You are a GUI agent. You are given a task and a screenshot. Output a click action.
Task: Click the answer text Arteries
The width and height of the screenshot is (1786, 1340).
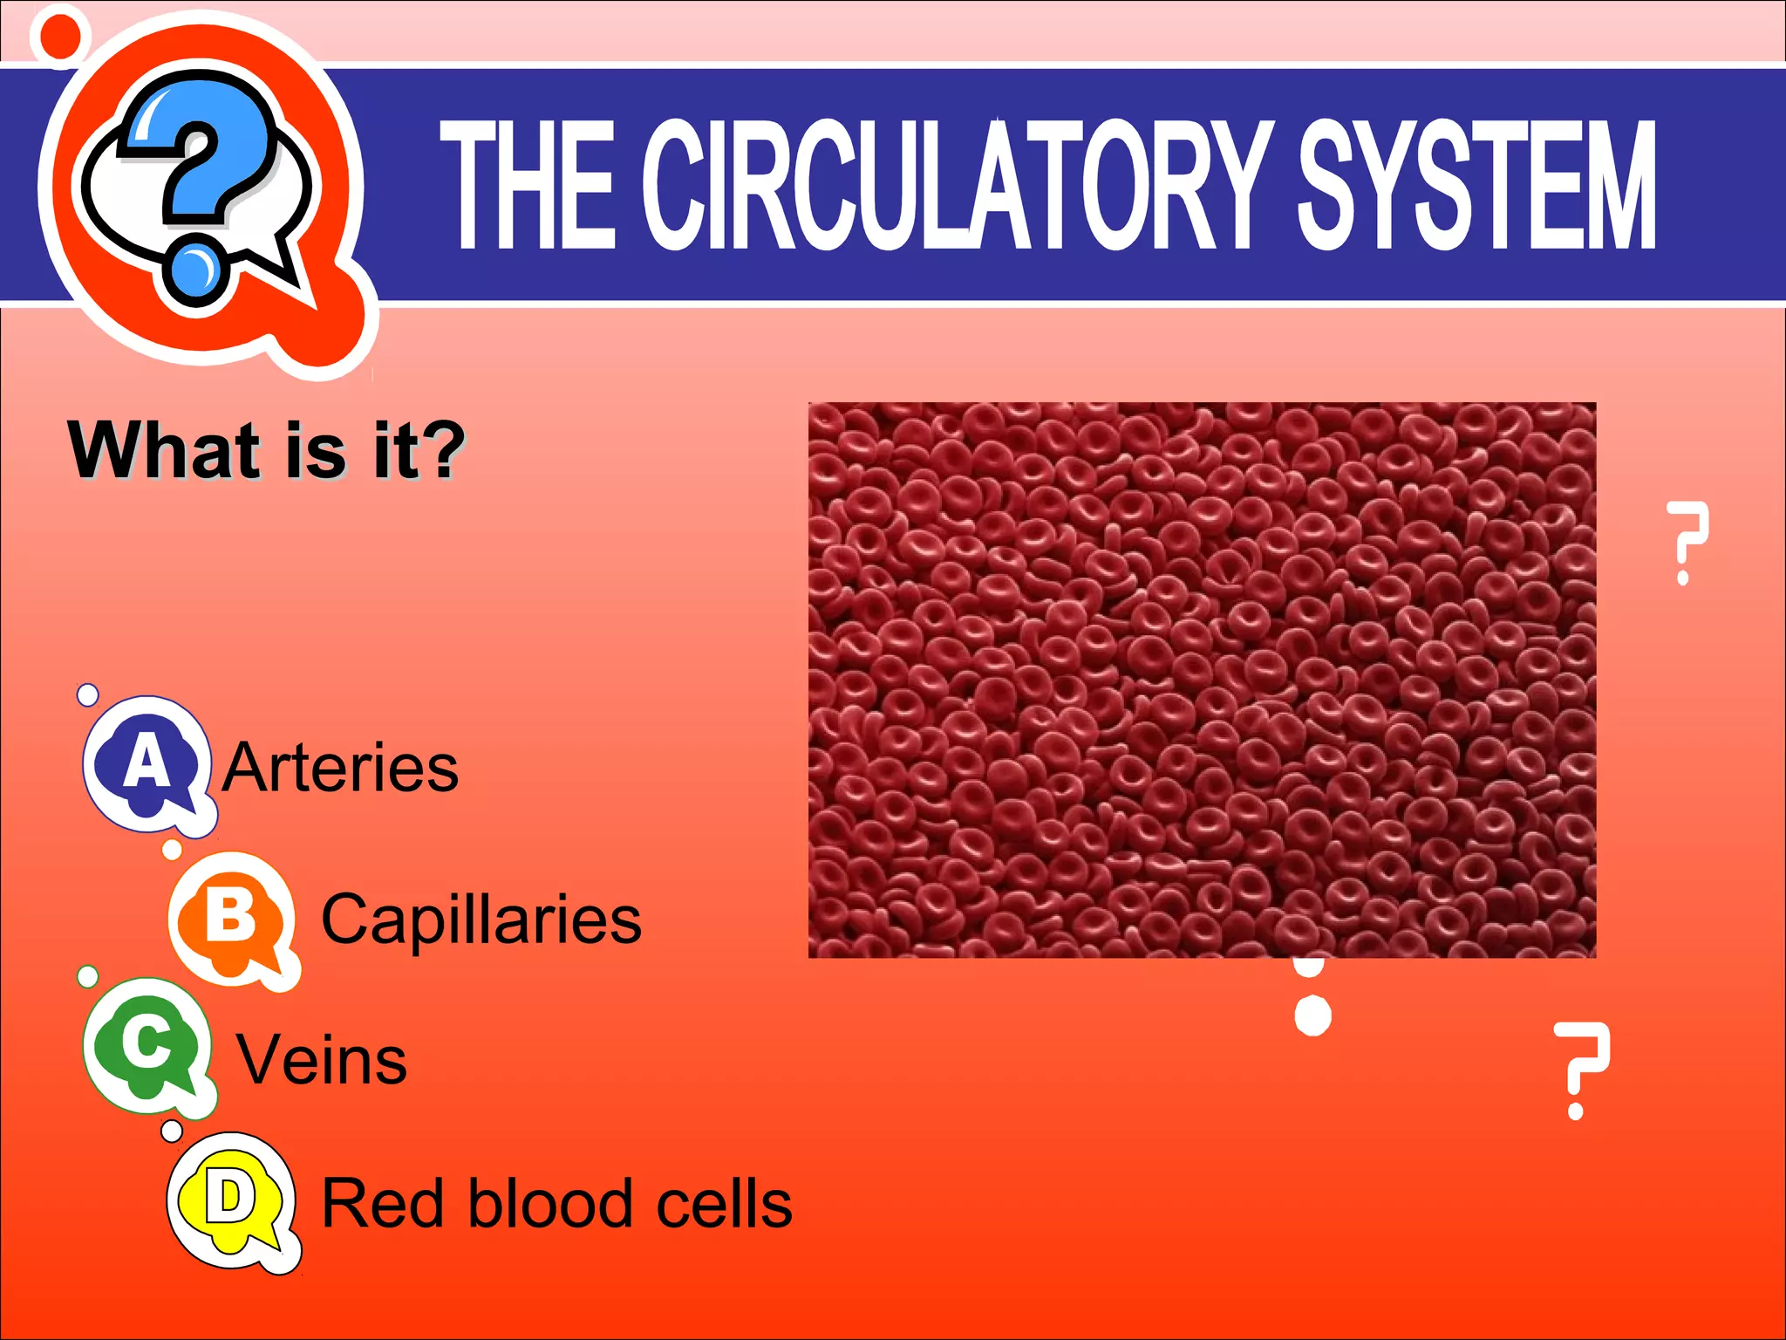(340, 768)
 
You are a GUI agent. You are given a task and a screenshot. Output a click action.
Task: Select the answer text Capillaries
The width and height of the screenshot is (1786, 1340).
(481, 920)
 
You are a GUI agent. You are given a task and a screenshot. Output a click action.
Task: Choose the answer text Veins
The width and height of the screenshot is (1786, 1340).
(322, 1060)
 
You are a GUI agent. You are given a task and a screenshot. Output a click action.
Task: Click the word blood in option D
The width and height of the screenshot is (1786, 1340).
(549, 1203)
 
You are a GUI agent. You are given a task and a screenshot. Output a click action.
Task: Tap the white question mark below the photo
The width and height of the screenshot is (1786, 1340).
(1580, 1070)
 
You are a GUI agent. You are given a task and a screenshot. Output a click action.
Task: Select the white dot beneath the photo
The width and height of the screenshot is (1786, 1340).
(1312, 1015)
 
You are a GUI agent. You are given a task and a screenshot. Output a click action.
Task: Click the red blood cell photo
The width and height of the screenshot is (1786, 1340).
(1202, 680)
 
